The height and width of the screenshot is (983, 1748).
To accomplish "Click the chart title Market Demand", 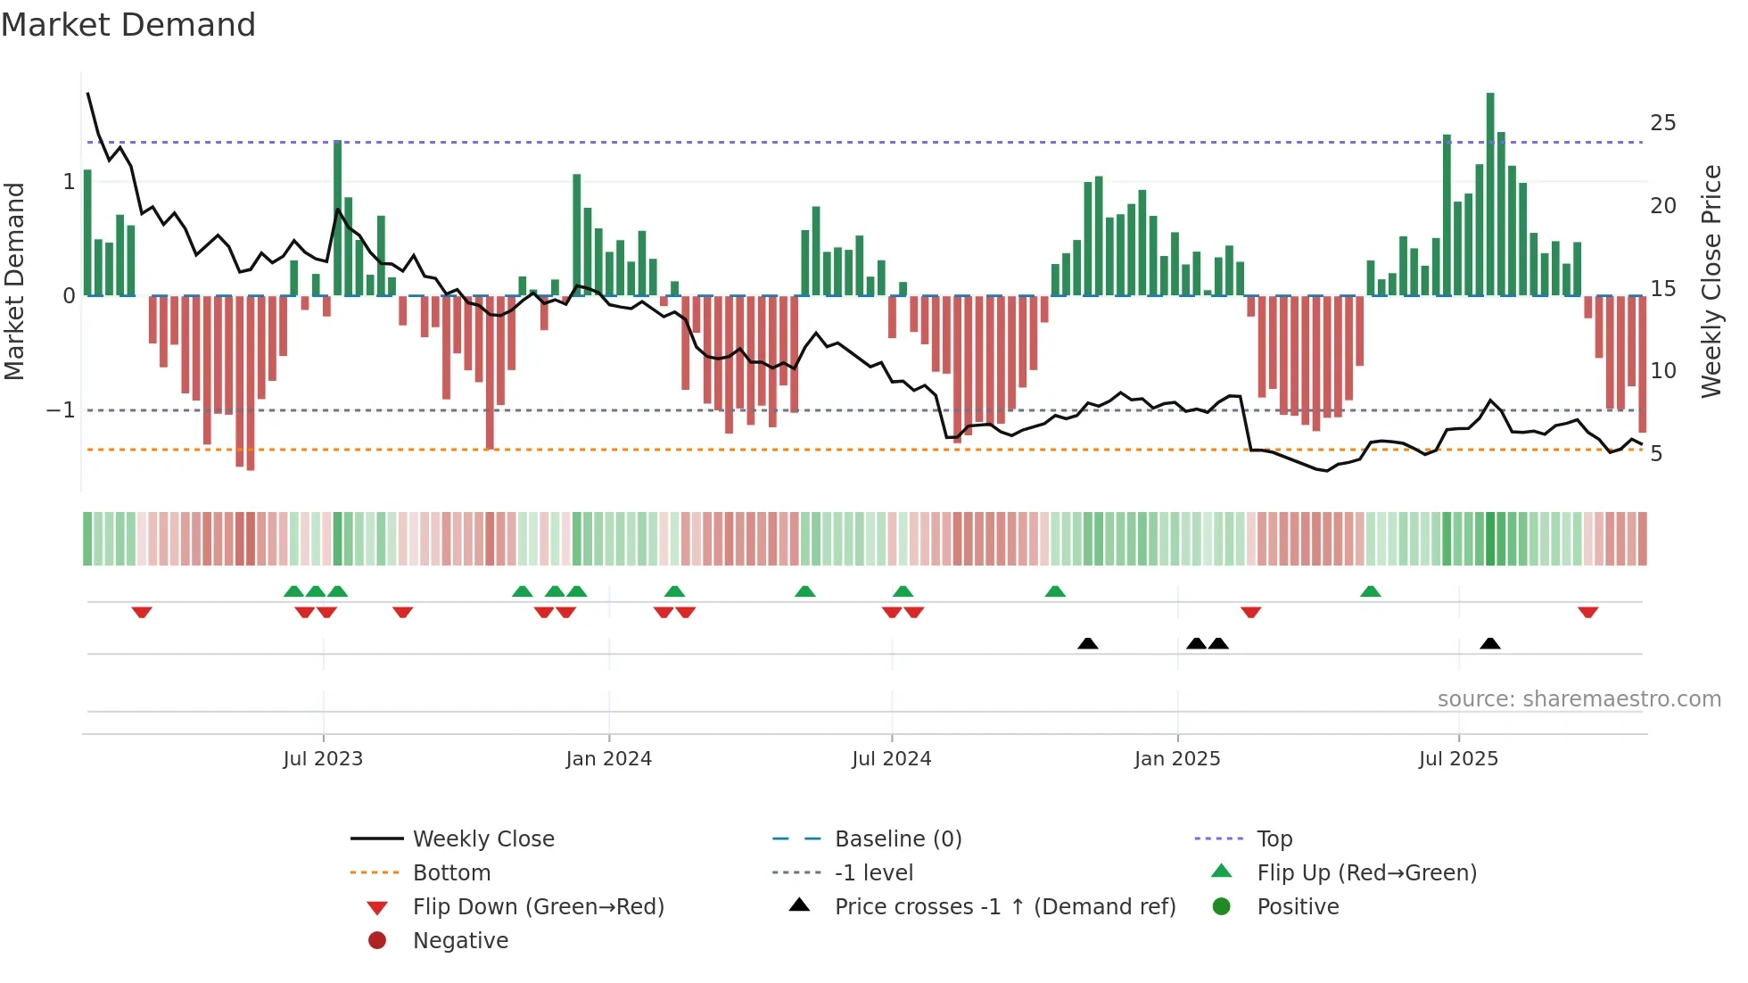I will click(x=128, y=24).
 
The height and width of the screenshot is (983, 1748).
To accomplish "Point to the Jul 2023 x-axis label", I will click(x=323, y=759).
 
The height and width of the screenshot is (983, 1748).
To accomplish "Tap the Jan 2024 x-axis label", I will click(x=609, y=759).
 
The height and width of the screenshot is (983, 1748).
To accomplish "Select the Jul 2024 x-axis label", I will click(x=892, y=759).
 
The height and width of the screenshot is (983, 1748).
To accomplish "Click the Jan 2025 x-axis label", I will click(x=1177, y=759).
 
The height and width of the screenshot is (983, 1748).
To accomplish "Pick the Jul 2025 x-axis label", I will click(x=1459, y=759).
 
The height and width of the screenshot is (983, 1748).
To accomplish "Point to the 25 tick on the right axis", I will click(x=1663, y=123).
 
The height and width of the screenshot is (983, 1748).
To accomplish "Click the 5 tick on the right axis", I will click(x=1656, y=454).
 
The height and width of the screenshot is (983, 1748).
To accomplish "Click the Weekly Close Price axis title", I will click(x=1711, y=281).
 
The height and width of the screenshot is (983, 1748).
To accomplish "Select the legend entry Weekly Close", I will click(x=483, y=839).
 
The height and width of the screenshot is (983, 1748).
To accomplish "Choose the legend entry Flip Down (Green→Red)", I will click(x=538, y=907).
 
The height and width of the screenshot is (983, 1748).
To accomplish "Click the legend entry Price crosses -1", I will click(x=1005, y=907).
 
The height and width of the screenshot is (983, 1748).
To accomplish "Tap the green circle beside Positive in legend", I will click(x=1222, y=906).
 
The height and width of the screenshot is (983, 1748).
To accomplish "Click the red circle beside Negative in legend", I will click(x=377, y=940).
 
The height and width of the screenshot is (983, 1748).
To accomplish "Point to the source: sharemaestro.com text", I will click(x=1579, y=699).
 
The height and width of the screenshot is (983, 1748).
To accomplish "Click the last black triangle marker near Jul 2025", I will click(x=1490, y=643).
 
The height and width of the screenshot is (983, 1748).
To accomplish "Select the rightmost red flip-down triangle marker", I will click(x=1587, y=612).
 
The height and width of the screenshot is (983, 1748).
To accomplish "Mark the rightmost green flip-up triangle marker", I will click(x=1371, y=591).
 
